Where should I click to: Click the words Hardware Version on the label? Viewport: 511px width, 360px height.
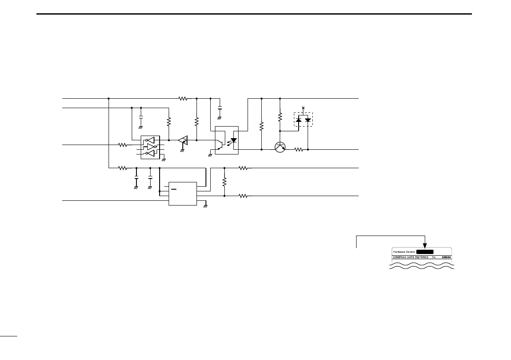coord(404,252)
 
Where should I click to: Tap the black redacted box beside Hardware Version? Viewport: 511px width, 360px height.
coord(425,252)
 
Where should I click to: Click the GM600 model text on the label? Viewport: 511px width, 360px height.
coord(446,257)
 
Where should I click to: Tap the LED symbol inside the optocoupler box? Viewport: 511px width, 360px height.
coord(233,141)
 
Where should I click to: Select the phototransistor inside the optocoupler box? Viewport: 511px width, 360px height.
coord(221,145)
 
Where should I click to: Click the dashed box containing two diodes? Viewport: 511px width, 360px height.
coord(303,119)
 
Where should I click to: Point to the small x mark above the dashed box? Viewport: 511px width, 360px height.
coord(303,108)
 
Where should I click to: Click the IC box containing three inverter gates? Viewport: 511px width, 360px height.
coord(150,147)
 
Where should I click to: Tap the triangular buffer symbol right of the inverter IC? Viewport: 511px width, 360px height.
coord(183,140)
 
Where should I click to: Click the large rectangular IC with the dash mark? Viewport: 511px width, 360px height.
coord(183,194)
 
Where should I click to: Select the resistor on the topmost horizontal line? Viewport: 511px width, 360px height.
coord(183,99)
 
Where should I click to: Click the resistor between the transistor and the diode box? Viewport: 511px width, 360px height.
coord(298,149)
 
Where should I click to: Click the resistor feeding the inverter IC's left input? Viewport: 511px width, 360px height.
coord(123,145)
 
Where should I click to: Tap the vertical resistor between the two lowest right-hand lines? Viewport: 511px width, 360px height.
coord(224,182)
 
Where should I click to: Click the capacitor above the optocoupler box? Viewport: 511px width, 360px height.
coord(220,107)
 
